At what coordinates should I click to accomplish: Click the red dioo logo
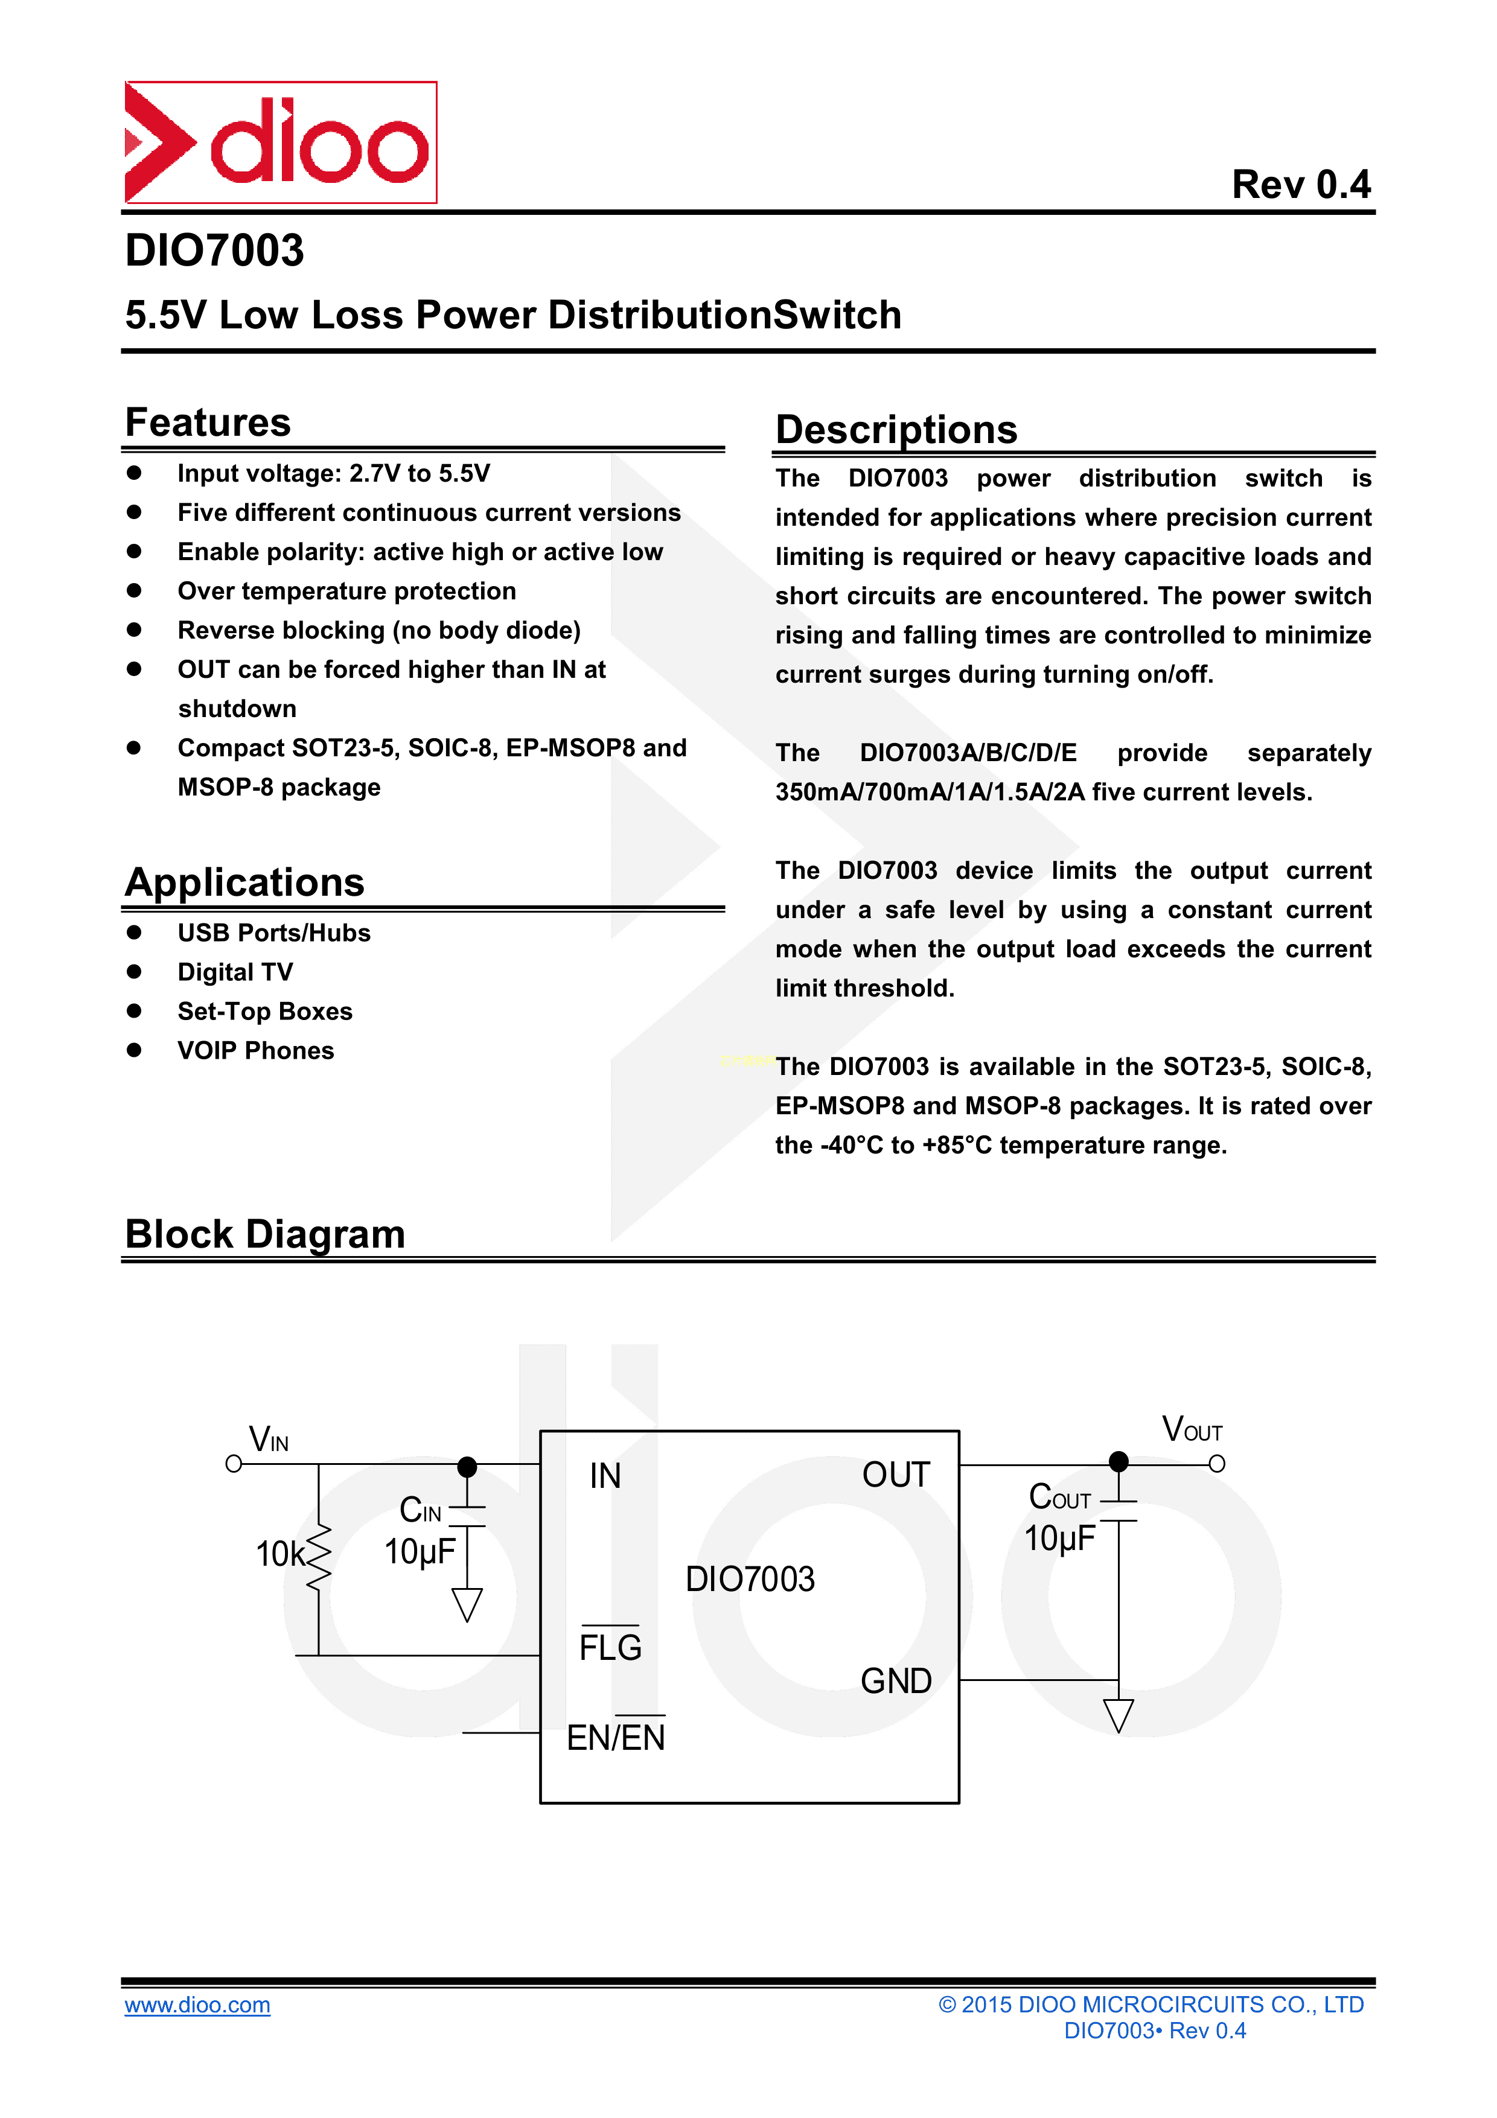pos(281,142)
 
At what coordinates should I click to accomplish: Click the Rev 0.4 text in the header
pos(1301,185)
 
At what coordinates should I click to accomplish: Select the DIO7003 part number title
pos(214,250)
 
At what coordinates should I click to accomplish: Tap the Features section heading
pos(208,423)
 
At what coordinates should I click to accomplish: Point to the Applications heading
pos(244,882)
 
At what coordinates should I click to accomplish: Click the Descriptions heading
pos(896,430)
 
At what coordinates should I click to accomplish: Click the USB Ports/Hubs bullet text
pos(274,933)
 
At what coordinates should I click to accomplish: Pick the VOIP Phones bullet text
pos(255,1051)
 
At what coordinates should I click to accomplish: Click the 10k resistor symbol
pos(318,1557)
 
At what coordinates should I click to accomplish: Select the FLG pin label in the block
pos(610,1647)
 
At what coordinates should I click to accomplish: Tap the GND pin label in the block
pos(896,1681)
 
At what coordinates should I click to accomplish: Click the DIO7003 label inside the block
pos(750,1579)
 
